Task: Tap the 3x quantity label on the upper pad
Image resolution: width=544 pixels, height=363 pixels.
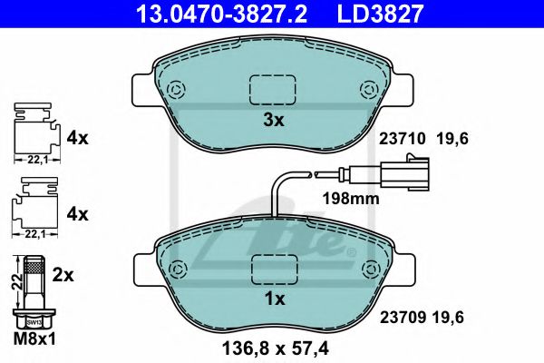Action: point(274,120)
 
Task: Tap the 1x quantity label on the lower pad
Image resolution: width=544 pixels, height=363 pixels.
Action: point(274,299)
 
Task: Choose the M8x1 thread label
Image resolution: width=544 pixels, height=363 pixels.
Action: point(35,338)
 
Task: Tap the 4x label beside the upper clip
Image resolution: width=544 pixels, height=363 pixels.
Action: point(77,139)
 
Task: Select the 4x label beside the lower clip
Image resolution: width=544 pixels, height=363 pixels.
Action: point(77,215)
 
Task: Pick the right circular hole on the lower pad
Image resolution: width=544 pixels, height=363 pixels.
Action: point(370,269)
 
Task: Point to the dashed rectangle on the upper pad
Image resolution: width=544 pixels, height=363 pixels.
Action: point(274,88)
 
